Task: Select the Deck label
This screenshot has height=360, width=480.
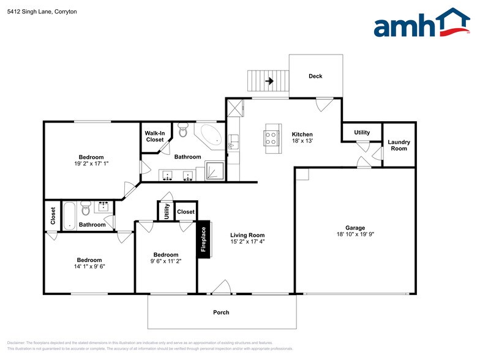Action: point(315,77)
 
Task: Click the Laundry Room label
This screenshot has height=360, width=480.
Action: point(399,145)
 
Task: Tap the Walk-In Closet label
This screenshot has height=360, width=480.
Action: point(154,137)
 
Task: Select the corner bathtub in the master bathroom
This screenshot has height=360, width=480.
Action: point(210,135)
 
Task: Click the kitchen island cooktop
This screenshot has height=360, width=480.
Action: point(271,136)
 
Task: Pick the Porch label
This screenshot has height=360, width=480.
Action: point(221,312)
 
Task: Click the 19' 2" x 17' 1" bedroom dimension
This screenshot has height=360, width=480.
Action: point(91,163)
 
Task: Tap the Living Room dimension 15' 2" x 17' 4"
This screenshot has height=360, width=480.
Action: point(247,241)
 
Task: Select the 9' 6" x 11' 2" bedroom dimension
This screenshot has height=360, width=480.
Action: point(166,261)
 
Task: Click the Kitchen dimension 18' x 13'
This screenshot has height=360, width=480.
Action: point(302,141)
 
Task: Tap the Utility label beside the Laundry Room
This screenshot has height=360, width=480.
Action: point(362,132)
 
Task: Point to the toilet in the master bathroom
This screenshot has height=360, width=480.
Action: point(182,130)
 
